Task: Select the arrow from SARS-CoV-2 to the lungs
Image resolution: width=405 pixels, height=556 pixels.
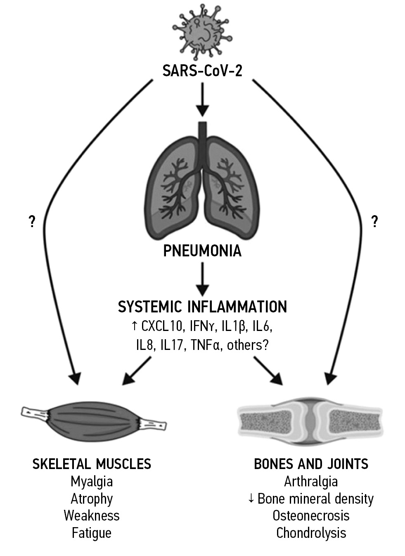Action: coord(202,99)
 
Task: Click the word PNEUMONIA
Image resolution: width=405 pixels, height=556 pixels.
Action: coord(202,251)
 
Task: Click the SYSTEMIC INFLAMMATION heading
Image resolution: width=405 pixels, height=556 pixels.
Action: coord(202,307)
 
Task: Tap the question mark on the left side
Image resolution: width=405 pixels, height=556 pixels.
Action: coord(31,222)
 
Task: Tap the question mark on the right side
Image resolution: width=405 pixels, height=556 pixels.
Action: coord(374,222)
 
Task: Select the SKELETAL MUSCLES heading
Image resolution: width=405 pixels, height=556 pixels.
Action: coord(92,464)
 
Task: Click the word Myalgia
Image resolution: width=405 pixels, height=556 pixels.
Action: coord(92,481)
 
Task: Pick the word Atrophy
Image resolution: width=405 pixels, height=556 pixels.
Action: coord(92,499)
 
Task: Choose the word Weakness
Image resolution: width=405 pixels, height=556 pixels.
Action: coord(92,516)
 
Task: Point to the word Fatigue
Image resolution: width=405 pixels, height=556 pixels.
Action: coord(92,533)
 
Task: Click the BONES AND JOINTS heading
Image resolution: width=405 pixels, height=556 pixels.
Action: coord(311,464)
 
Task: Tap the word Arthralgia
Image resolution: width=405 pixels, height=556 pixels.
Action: coord(311,481)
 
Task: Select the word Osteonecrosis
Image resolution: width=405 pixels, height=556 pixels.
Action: coord(311,516)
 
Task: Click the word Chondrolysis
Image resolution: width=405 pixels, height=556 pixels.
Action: coord(311,533)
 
